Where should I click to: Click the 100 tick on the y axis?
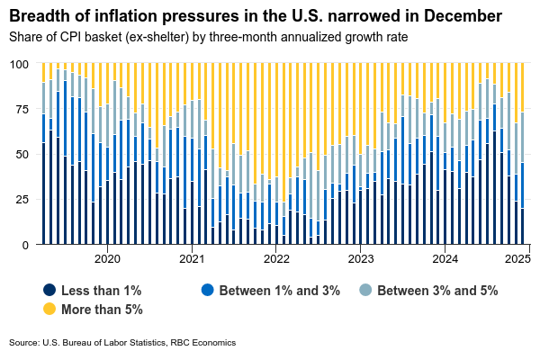[18, 65]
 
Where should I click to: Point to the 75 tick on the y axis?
[22, 110]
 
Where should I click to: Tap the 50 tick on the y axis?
[22, 155]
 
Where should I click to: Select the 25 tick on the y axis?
[22, 200]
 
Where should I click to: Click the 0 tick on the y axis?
[25, 245]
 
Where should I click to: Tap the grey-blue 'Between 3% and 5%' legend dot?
[364, 290]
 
